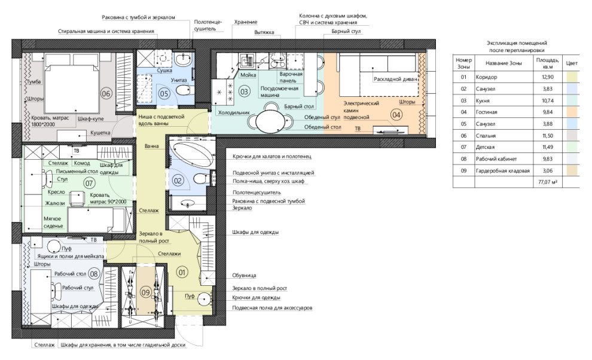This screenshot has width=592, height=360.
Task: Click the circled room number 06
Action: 106,93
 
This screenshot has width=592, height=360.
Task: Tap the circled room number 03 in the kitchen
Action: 245,91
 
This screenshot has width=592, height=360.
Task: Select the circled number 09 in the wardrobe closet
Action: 145,292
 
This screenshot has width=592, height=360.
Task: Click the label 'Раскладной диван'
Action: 395,80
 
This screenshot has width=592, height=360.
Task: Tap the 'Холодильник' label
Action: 234,112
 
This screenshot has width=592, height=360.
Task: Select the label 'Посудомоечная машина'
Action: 279,91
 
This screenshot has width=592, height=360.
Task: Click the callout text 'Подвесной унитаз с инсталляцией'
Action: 273,173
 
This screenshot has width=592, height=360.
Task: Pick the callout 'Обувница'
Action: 244,276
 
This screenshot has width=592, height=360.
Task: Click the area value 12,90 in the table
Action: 547,77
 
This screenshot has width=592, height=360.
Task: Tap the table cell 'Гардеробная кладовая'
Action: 502,171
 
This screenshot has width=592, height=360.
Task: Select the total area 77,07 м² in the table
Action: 548,182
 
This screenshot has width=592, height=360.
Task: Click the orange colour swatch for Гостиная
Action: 572,112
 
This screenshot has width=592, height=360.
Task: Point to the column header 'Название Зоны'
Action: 503,63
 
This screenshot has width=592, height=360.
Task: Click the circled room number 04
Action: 396,114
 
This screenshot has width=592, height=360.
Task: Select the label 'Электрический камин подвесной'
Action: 361,110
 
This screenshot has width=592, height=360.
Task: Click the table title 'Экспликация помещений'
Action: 517,43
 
